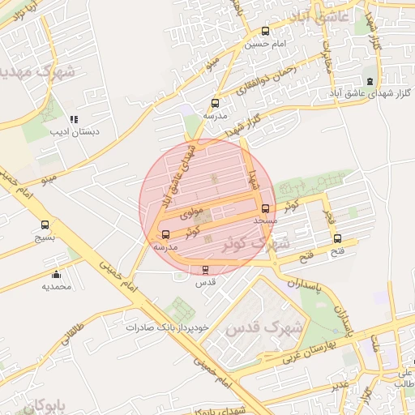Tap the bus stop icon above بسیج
(x=45, y=225)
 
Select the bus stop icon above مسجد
(x=265, y=207)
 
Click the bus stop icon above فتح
(x=338, y=238)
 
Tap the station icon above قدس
(x=204, y=270)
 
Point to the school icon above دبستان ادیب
(x=74, y=119)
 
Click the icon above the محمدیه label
(x=56, y=274)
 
